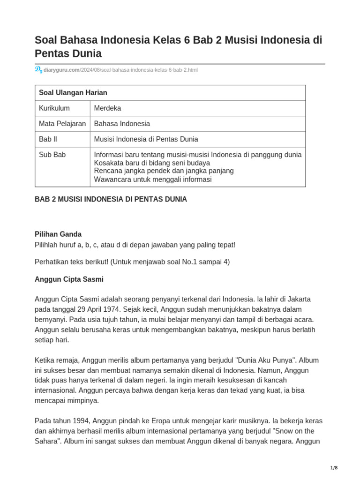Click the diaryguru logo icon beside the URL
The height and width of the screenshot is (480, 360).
38,70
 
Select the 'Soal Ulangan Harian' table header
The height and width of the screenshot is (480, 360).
73,93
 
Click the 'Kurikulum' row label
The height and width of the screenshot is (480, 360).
54,108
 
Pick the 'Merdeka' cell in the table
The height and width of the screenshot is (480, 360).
107,108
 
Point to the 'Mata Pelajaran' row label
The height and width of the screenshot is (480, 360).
62,124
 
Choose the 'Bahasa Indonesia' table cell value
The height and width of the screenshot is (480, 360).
122,124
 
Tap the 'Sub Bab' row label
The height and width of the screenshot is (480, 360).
52,155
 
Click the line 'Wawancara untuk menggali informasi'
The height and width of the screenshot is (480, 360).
153,179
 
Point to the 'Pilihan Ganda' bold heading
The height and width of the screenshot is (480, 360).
58,234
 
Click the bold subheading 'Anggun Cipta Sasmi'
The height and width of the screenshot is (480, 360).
69,279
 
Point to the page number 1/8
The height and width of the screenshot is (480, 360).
334,468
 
